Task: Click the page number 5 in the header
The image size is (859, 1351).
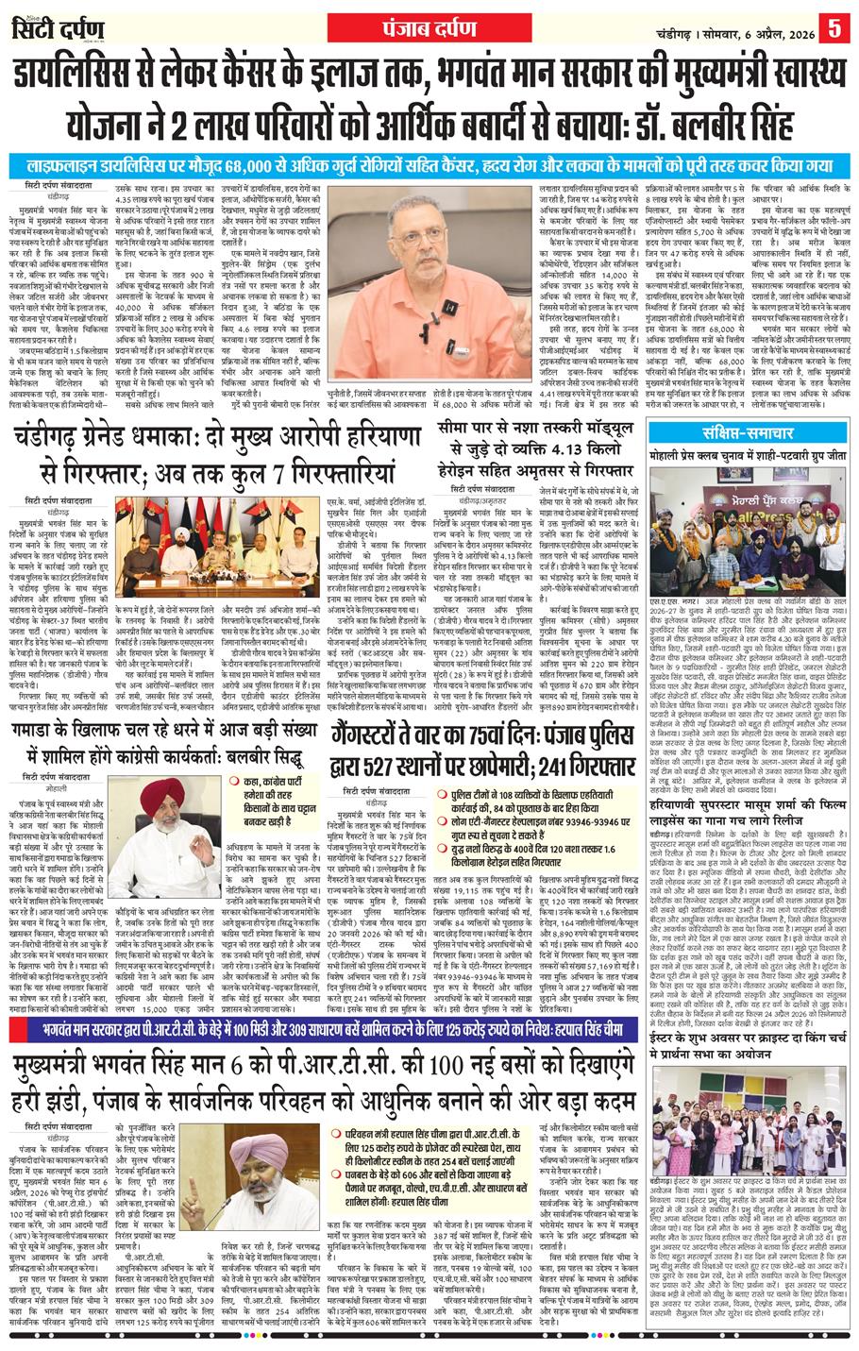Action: tap(837, 29)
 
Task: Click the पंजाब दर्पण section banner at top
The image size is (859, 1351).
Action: tap(429, 26)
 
